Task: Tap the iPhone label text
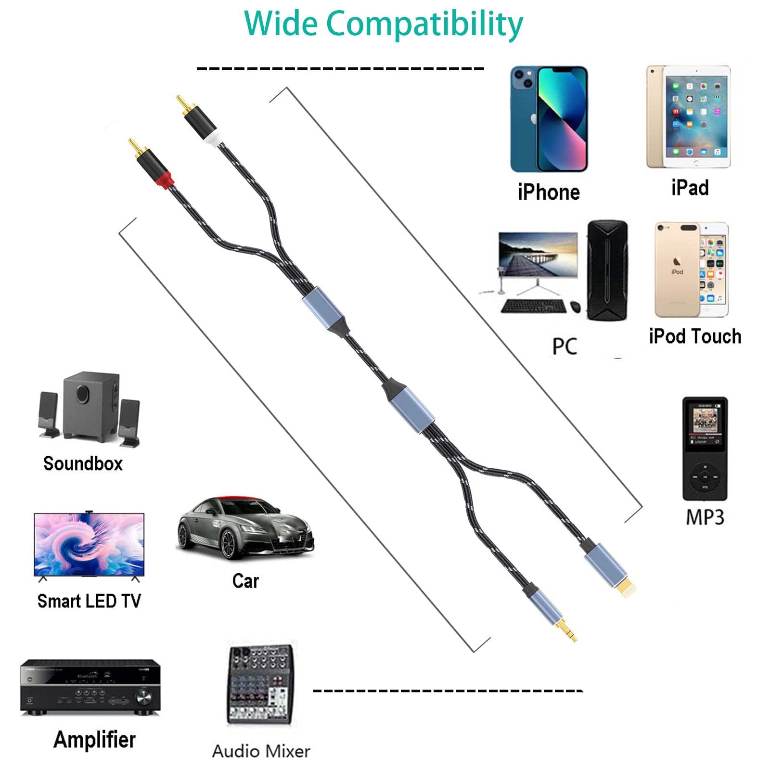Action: pos(549,192)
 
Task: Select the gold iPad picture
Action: pos(688,117)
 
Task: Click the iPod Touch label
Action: pos(694,336)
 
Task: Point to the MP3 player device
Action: pos(705,449)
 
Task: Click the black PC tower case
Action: pos(607,270)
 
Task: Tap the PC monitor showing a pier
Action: pos(538,255)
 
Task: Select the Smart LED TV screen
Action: pos(89,544)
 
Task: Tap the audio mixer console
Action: pos(260,683)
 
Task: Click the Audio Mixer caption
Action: pos(261,751)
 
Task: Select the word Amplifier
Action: pos(94,740)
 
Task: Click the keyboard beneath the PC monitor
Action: pos(533,306)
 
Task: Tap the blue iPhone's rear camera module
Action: pos(523,79)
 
